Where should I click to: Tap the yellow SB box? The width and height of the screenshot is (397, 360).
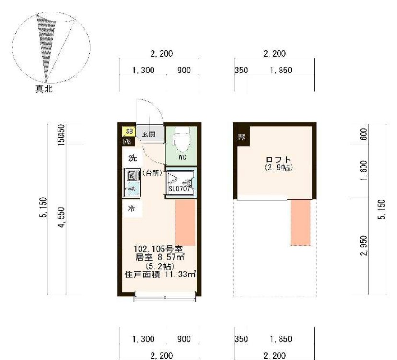click(128, 131)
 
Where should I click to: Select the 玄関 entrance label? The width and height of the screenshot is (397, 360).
click(148, 135)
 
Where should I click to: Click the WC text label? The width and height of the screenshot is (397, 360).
click(182, 157)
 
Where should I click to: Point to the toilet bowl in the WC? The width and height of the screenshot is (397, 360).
click(181, 139)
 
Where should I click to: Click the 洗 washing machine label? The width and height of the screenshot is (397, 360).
click(131, 157)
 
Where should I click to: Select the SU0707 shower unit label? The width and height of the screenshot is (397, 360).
click(180, 189)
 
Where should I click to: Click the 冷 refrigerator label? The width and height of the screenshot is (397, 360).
click(131, 209)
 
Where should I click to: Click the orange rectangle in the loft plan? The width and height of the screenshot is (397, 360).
click(300, 222)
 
